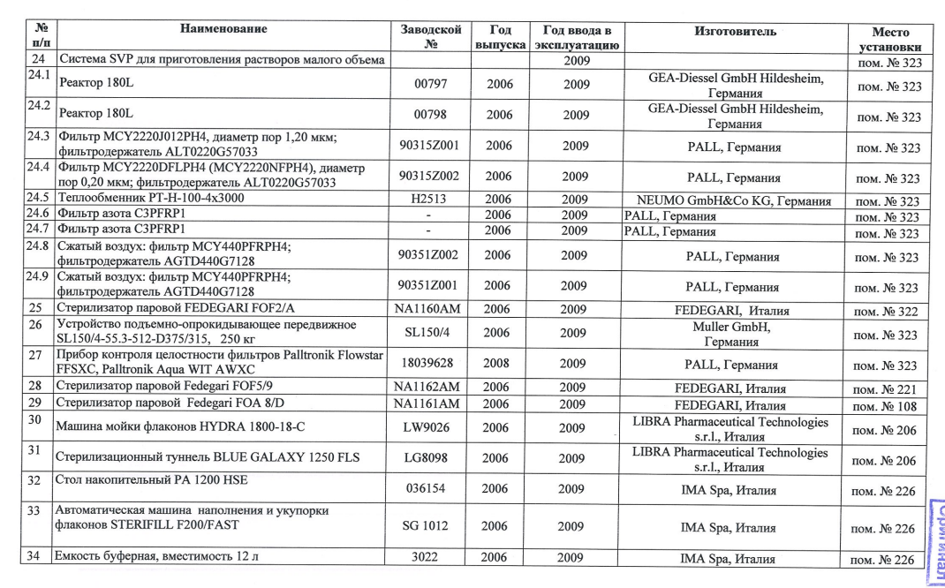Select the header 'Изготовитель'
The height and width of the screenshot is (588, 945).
point(736,32)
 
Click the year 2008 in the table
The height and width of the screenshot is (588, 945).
point(498,364)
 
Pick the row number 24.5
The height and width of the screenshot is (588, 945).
point(37,200)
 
